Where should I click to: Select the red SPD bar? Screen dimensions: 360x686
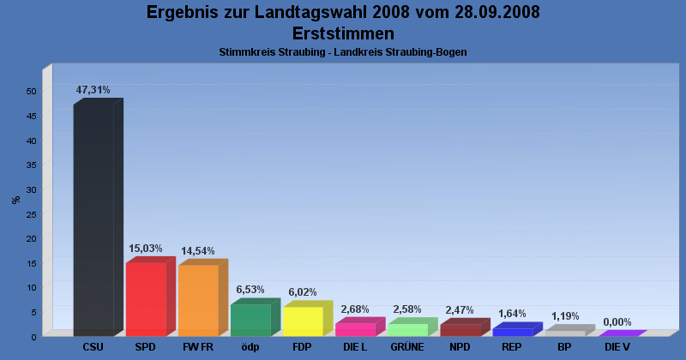(146, 299)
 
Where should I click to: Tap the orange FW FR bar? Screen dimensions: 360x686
(198, 300)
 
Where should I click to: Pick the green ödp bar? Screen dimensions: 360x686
(250, 320)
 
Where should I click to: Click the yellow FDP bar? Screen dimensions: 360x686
(303, 321)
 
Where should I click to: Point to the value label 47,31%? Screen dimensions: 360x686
(93, 90)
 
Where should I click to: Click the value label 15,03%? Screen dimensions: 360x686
(146, 249)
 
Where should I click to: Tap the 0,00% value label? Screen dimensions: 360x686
(617, 322)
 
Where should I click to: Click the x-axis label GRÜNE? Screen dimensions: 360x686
(407, 347)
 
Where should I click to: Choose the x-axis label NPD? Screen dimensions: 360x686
(460, 347)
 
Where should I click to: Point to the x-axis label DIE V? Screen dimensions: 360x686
(617, 347)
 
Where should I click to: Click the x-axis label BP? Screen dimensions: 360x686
(564, 347)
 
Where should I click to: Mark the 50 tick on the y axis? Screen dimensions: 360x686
(31, 91)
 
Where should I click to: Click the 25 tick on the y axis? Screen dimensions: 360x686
(31, 213)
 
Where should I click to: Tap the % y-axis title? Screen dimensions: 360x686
(15, 200)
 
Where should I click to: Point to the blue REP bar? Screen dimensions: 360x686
(512, 332)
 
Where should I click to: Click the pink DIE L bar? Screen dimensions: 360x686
(355, 329)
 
